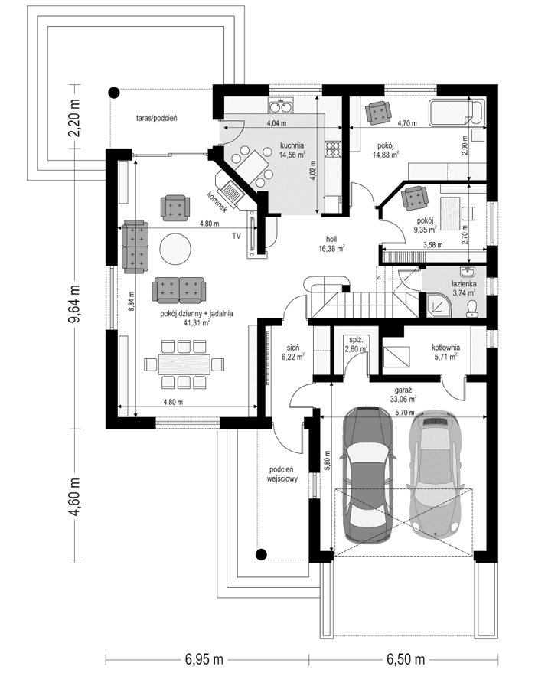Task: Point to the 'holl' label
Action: pos(331,238)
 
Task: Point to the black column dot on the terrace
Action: pos(114,93)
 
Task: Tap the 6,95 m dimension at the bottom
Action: pos(203,658)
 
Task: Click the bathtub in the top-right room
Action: pos(455,113)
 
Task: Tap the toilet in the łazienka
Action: pos(473,307)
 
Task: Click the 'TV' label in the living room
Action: pos(237,235)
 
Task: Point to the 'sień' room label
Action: pos(292,346)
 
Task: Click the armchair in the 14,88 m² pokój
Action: pos(377,113)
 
